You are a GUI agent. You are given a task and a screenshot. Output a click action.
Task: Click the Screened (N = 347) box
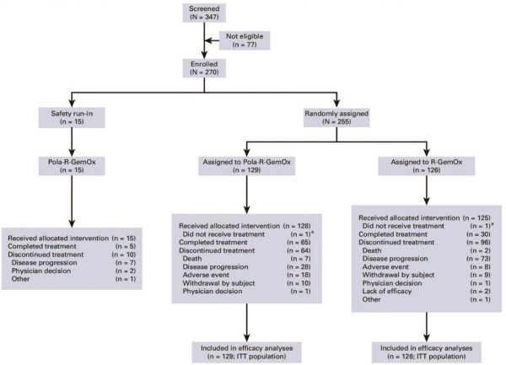(204, 13)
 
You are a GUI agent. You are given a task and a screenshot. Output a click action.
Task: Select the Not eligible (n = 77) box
(245, 40)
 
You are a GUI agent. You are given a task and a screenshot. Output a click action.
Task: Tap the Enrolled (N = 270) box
(204, 68)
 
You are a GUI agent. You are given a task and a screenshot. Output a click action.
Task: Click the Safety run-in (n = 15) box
(72, 117)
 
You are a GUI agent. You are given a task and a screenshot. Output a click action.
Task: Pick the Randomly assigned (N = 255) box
(336, 117)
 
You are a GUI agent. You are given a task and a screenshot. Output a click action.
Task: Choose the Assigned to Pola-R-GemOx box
(246, 166)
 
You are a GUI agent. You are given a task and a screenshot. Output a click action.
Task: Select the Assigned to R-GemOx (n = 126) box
(426, 166)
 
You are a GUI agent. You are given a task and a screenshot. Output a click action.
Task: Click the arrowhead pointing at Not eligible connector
(207, 40)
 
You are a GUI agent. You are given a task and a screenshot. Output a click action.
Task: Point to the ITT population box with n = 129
(246, 352)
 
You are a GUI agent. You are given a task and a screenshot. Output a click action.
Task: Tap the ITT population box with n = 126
(426, 352)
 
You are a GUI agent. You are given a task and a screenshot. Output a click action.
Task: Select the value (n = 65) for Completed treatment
(299, 242)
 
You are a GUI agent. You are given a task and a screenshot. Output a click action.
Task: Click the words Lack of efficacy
(387, 291)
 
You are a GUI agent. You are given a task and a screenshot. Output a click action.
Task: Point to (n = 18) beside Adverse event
(299, 275)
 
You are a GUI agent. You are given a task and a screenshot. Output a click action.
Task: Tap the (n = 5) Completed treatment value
(126, 246)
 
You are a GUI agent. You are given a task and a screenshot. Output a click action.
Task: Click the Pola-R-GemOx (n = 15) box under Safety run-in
(72, 166)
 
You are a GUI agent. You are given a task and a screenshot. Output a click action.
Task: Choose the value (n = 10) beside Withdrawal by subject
(299, 283)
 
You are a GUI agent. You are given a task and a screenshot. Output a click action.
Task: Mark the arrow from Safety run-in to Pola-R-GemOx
(72, 142)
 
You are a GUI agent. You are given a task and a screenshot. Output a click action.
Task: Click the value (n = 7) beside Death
(300, 259)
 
